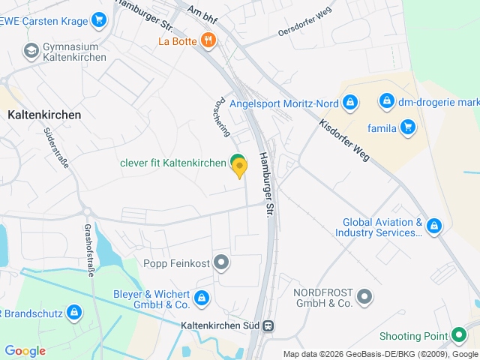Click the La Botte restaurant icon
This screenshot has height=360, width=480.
[208, 40]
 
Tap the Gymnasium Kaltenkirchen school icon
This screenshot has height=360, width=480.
[31, 50]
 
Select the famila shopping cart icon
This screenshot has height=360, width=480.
[408, 127]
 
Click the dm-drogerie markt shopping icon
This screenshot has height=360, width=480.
[385, 100]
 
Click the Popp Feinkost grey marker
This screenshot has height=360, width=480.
[221, 262]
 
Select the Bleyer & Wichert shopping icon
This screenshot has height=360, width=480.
[202, 298]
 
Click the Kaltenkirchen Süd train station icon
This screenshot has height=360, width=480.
[268, 326]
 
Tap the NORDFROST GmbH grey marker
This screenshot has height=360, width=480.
[364, 297]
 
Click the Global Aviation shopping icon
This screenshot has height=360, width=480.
[433, 226]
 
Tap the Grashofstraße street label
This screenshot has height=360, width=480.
[88, 250]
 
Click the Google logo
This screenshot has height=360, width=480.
[25, 351]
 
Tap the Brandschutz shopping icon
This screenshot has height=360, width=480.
[73, 312]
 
